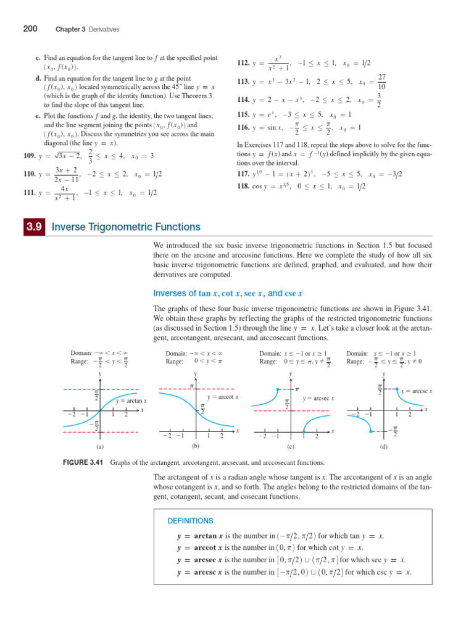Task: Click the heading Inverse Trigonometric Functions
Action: (126, 227)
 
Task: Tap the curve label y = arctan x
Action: (131, 401)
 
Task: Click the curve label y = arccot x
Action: (223, 397)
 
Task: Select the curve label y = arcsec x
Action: (318, 399)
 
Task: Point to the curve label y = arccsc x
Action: (416, 391)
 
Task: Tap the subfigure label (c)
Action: (290, 446)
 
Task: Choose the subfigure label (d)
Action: (384, 446)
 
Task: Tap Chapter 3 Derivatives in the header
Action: (87, 29)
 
